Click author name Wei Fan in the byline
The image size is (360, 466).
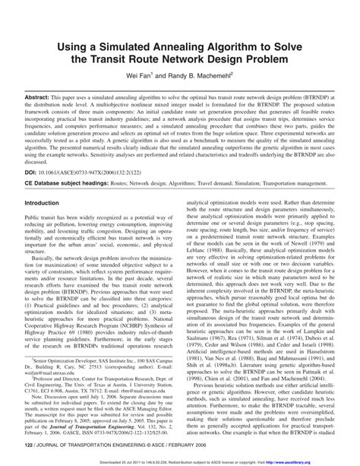[x=146, y=76]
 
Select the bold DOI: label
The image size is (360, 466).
[x=34, y=172]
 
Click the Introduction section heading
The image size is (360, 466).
[x=47, y=204]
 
